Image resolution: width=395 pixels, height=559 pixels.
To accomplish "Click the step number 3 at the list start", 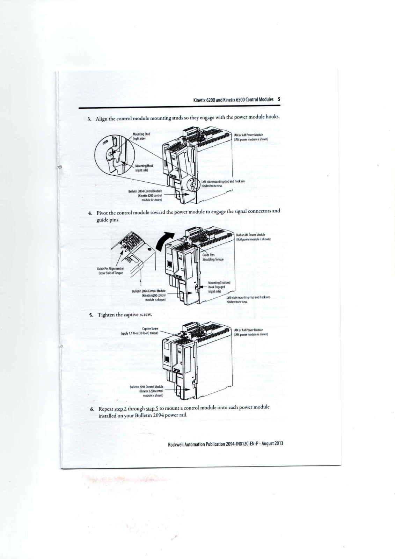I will point(89,119).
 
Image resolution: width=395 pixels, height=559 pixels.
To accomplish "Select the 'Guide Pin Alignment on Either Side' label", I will point(110,271).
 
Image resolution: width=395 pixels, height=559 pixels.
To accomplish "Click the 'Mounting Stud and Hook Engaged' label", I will point(219,286).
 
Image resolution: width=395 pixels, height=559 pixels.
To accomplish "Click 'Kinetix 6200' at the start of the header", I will point(204,100).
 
